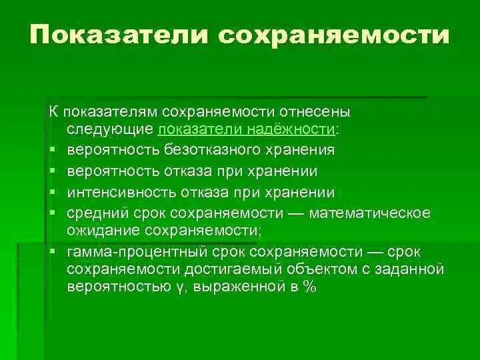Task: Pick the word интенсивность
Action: click(x=118, y=192)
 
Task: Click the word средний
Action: click(x=93, y=213)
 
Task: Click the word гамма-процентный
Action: click(x=125, y=251)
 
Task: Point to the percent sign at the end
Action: click(x=309, y=287)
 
